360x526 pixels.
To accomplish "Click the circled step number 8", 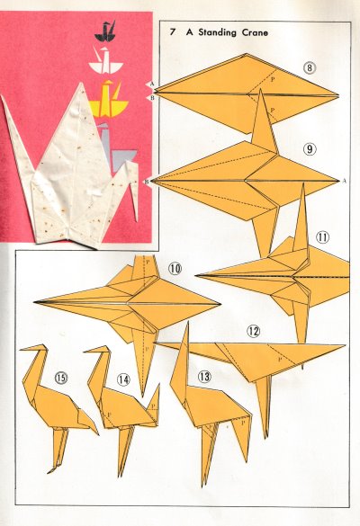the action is [310, 67].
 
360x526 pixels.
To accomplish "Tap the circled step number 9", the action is [310, 148].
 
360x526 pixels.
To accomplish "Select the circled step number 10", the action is [175, 268].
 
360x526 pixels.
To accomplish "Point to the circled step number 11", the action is [322, 237].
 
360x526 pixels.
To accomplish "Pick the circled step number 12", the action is [254, 332].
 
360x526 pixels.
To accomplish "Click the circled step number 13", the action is [204, 377].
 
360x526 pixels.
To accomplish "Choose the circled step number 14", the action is [123, 379].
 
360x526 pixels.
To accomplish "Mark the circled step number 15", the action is [61, 378].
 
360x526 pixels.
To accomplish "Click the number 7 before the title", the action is [173, 32].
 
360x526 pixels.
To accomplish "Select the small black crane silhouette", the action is [106, 31].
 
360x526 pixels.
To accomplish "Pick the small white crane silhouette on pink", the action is [105, 60].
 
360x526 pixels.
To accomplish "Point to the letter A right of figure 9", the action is [344, 181].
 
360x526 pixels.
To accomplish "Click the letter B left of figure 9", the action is [147, 182].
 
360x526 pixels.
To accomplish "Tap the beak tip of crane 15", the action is [20, 350].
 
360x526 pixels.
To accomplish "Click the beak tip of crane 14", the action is [84, 352].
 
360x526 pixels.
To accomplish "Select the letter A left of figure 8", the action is [152, 84].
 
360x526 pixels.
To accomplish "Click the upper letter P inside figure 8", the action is [273, 80].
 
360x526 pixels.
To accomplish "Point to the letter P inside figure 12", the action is [279, 360].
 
